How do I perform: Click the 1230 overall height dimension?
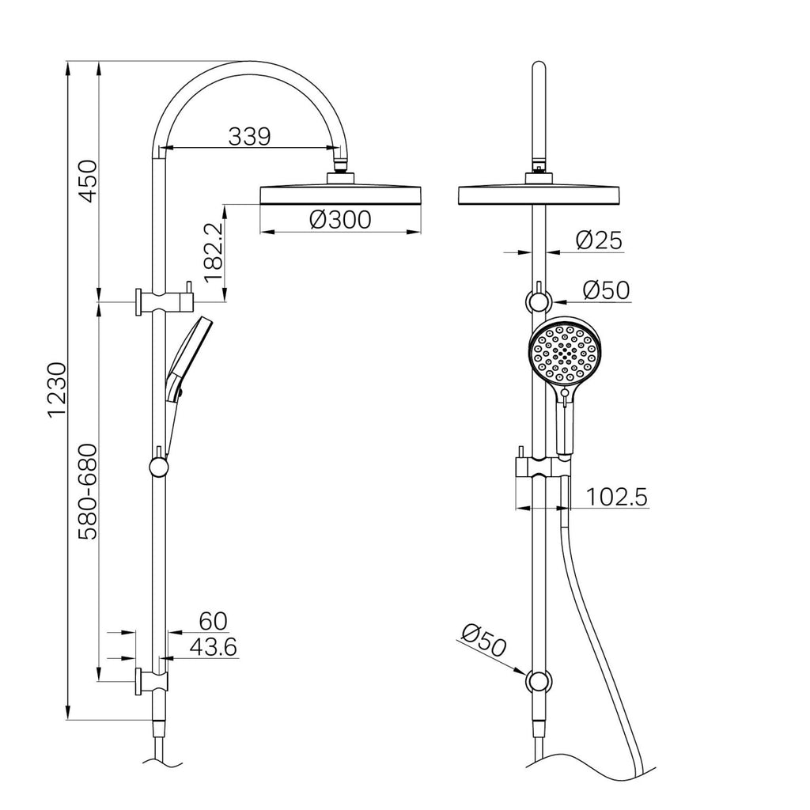56,392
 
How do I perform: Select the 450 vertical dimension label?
86,181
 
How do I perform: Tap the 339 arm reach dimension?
249,136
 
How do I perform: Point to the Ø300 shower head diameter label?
340,219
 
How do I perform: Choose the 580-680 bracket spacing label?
86,491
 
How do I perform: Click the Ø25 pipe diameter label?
599,240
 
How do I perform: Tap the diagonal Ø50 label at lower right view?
483,639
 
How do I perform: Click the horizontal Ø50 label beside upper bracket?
606,290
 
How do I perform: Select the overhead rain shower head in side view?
341,193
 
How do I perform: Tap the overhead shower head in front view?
539,194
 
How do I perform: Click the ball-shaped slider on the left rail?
159,467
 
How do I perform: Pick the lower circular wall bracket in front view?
539,682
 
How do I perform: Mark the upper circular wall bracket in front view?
539,301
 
